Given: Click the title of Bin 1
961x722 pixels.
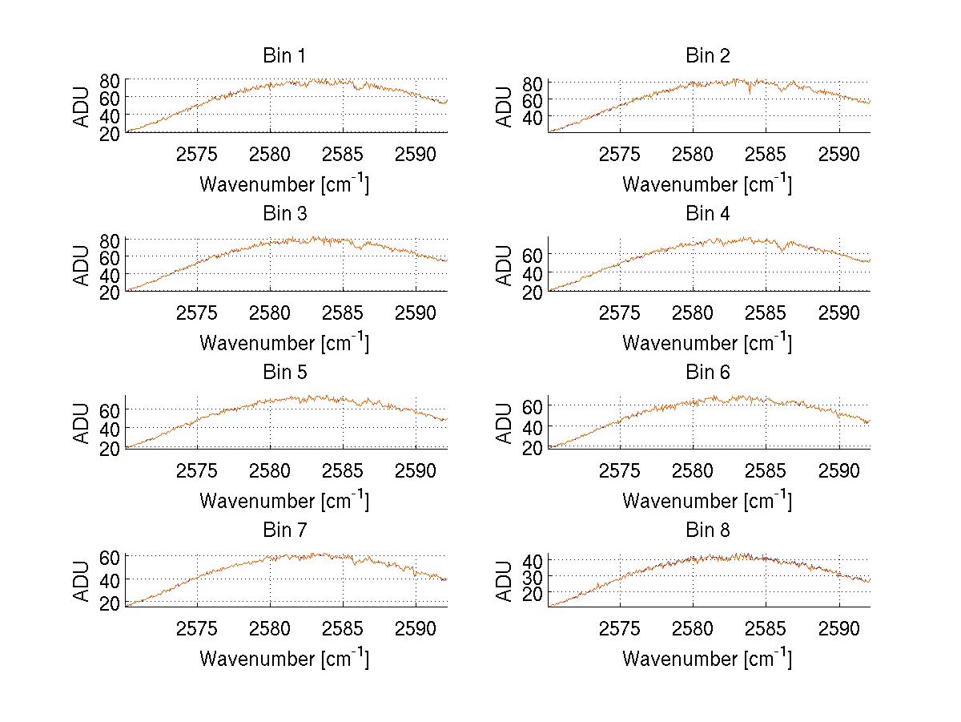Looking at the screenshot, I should [283, 56].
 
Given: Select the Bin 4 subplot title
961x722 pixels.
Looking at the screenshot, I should [708, 214].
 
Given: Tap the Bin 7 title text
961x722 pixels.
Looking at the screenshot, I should [283, 530].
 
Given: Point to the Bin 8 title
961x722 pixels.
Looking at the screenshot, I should [708, 530].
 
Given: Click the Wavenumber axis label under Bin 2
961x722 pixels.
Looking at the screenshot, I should [707, 184].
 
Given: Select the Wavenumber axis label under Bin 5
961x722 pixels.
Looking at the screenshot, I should [284, 501].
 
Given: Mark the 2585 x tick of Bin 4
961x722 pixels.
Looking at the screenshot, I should [766, 313].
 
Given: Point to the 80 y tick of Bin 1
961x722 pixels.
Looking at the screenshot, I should [110, 80].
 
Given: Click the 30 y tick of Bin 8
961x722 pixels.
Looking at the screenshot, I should [533, 576].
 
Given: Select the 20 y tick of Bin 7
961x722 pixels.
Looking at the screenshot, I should [110, 603].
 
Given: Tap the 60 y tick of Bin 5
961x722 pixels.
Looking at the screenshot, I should [110, 409].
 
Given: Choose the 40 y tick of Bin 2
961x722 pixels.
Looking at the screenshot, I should [533, 118].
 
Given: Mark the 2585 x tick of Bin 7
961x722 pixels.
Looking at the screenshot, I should [344, 628].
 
